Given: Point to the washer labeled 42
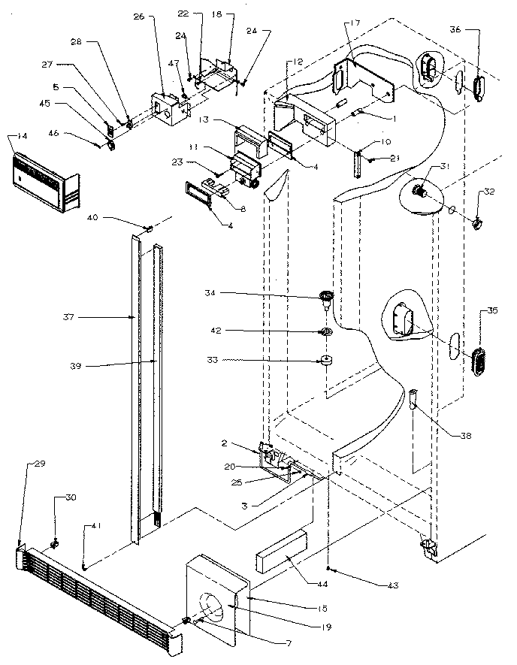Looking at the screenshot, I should (x=326, y=332).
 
